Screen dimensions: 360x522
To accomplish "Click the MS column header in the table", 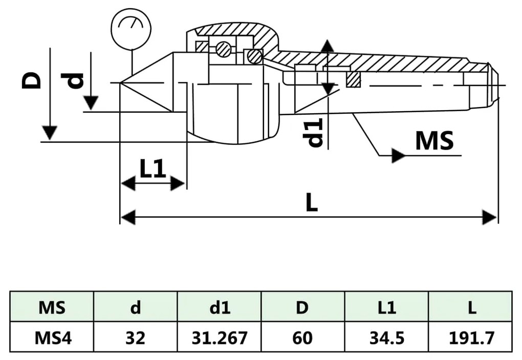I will tap(52, 307).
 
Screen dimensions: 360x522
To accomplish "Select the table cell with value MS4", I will tap(52, 337).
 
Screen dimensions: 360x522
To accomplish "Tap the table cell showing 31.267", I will tap(219, 337).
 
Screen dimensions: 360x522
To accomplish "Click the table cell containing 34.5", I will tap(386, 337).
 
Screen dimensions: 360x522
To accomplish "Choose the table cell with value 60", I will tap(303, 337).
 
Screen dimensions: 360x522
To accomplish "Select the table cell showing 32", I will tap(135, 337).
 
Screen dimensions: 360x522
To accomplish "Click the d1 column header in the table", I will tap(219, 307).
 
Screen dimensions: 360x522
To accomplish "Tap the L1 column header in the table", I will tap(386, 307).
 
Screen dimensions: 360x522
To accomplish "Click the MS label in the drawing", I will tap(434, 140).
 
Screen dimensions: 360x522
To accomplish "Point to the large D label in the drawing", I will tap(32, 81).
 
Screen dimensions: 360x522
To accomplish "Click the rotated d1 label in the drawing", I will tap(315, 132).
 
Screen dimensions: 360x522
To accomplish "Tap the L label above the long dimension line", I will tap(311, 204).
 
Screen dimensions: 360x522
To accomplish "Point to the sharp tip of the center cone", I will tap(121, 82).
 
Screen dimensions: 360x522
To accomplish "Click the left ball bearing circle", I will tap(223, 49).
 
